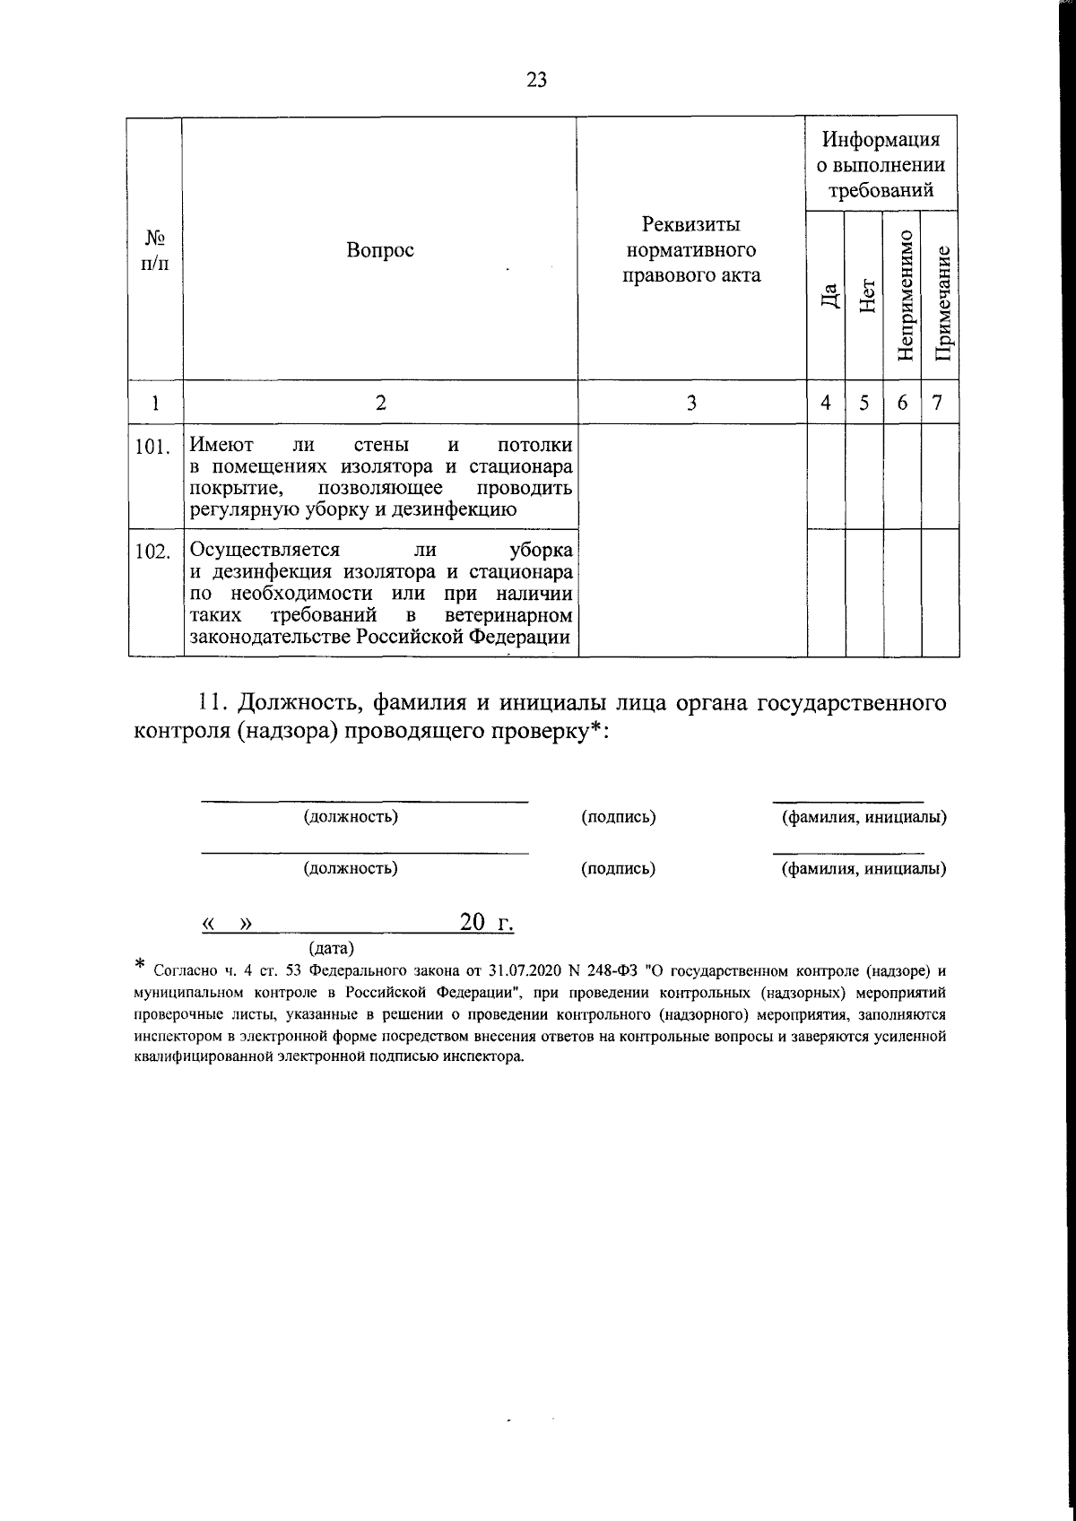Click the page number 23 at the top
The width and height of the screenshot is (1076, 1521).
(x=536, y=80)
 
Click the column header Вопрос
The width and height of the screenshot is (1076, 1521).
(x=380, y=250)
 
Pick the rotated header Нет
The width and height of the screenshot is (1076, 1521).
(x=865, y=295)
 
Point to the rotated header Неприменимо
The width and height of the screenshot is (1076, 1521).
(x=904, y=295)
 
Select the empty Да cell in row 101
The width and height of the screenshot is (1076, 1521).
(x=826, y=476)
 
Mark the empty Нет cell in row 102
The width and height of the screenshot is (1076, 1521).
(x=864, y=593)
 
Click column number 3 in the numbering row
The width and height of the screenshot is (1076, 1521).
(x=690, y=404)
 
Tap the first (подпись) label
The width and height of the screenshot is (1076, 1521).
(x=618, y=817)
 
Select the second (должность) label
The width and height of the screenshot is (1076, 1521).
(x=351, y=868)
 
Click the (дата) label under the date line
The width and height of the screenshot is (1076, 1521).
(x=331, y=947)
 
